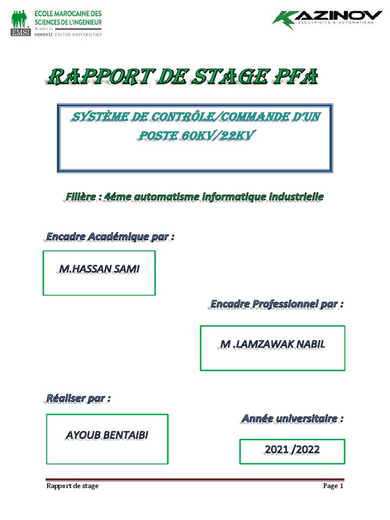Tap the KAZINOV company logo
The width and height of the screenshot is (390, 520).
tap(327, 20)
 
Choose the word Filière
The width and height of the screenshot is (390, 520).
tap(83, 196)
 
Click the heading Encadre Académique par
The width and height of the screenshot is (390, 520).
tap(110, 237)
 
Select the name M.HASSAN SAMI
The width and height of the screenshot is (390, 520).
tap(99, 269)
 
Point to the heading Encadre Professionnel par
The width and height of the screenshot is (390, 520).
tap(277, 304)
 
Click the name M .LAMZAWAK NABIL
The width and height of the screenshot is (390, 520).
tap(273, 344)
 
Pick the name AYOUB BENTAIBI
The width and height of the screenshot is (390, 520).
tap(107, 435)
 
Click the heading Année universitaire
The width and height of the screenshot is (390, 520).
tap(292, 419)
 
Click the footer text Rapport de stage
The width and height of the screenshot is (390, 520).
tap(72, 486)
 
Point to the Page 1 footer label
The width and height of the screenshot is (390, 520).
tap(334, 486)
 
